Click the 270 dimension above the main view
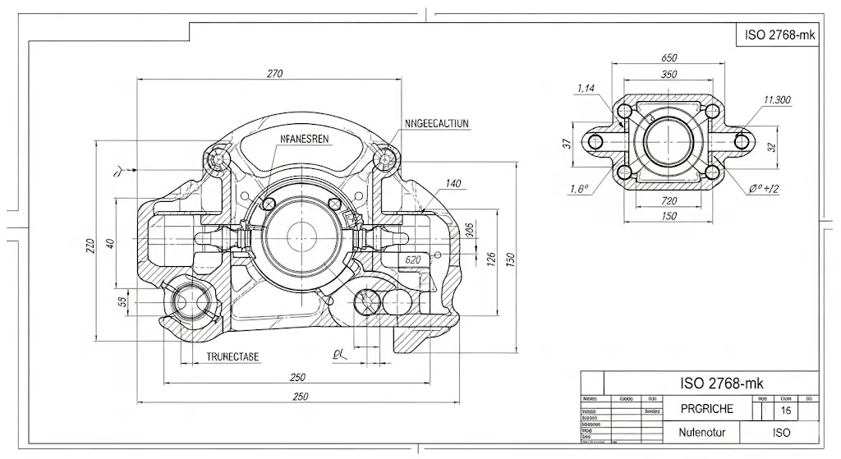(274, 74)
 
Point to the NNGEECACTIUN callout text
(437, 124)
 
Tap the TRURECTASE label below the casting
(232, 356)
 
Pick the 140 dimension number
(453, 183)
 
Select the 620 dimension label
(413, 259)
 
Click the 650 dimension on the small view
(669, 58)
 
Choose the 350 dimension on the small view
(669, 75)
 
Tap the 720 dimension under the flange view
(669, 201)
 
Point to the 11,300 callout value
(776, 100)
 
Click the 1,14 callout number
(586, 88)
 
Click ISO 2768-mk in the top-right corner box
(777, 35)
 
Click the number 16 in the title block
(786, 410)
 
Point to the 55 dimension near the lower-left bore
(123, 301)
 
